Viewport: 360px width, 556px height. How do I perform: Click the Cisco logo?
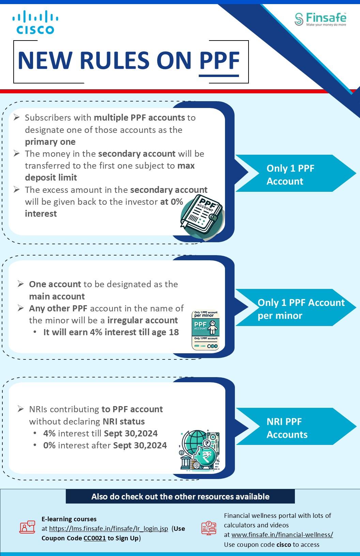(x=35, y=22)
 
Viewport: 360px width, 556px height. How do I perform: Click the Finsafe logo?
(x=320, y=19)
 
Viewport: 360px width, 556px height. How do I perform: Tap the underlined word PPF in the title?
(x=219, y=61)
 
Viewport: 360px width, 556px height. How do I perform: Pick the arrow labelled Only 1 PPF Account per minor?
(x=295, y=308)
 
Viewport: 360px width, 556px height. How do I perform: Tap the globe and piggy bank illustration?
(x=200, y=450)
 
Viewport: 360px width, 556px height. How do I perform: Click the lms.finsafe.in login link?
(x=108, y=528)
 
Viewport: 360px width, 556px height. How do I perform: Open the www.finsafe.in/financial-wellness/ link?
(x=282, y=535)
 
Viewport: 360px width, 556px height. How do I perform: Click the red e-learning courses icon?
(x=27, y=527)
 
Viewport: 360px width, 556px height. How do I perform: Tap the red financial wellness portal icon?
(x=209, y=528)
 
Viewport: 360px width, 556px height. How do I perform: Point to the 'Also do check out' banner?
(x=180, y=496)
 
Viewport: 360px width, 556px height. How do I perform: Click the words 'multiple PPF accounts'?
(x=139, y=118)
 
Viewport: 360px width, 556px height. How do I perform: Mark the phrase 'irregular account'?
(x=142, y=320)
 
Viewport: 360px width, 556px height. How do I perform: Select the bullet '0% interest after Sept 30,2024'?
(x=105, y=445)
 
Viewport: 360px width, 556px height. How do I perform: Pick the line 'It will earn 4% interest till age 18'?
(x=111, y=332)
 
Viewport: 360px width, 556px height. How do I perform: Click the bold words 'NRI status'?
(x=124, y=421)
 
